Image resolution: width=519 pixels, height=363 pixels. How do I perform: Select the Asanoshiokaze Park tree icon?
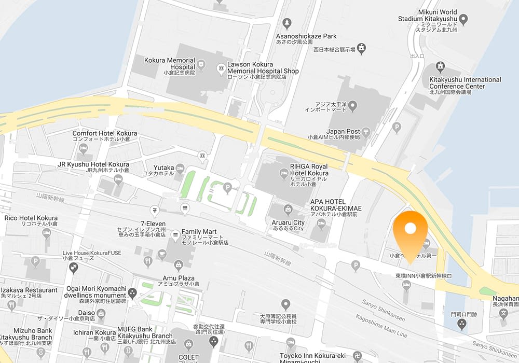[x=286, y=23]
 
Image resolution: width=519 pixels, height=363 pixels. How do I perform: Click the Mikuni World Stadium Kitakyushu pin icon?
[x=463, y=19]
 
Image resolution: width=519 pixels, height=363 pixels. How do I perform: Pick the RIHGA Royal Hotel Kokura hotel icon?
[x=283, y=174]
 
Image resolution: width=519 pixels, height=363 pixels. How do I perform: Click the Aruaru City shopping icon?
[x=289, y=210]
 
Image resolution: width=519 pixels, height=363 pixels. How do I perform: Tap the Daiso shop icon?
[x=101, y=313]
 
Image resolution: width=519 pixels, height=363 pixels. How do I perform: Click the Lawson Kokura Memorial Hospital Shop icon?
[x=221, y=67]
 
